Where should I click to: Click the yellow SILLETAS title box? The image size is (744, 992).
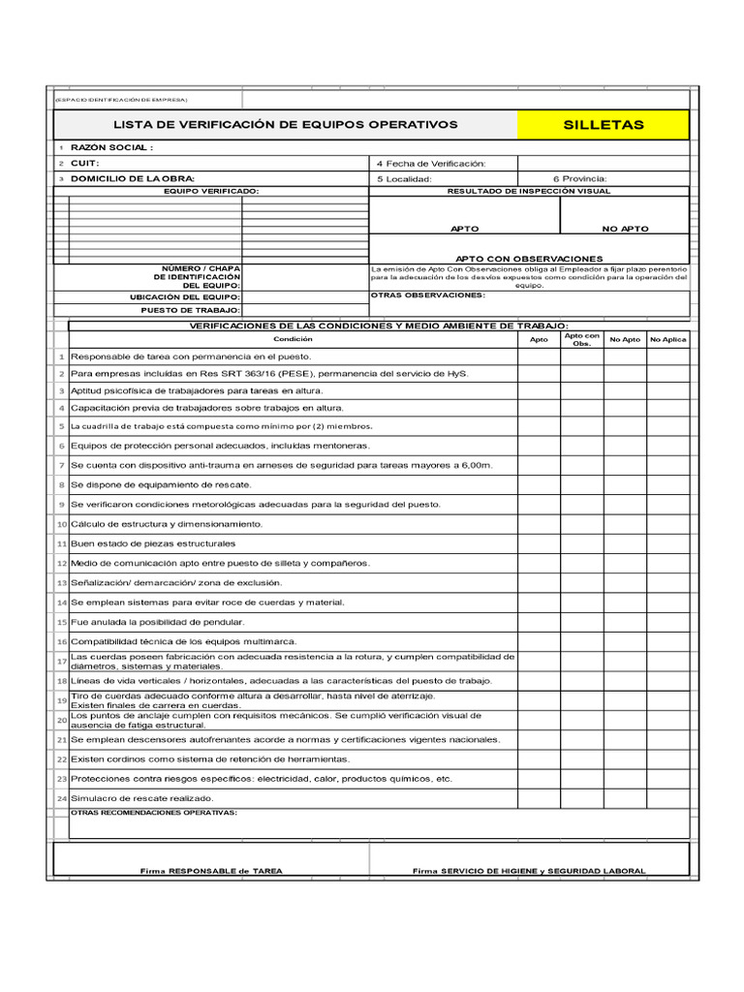point(604,125)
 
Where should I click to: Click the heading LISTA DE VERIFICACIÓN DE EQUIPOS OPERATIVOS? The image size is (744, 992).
point(286,125)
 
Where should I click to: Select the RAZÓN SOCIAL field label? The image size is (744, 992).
point(112,147)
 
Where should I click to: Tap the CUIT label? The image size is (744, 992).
point(86,164)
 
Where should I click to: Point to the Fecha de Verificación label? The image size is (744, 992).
point(430,164)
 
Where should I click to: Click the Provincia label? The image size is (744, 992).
point(579,178)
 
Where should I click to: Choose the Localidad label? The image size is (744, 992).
point(403,178)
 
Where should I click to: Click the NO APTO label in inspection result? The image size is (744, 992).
point(625,229)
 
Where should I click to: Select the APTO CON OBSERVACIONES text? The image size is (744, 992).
point(529,259)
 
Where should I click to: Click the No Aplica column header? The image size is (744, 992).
point(668,340)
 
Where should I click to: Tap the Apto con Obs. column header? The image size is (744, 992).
point(582,340)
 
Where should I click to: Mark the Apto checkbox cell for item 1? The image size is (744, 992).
point(539,356)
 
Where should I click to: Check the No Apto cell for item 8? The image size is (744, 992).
point(625,484)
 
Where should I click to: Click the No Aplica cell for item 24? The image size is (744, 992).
point(668,798)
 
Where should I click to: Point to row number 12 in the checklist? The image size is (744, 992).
point(61,563)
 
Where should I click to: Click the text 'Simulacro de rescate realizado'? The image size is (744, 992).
point(141,798)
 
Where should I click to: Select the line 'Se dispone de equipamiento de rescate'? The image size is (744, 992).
point(161,484)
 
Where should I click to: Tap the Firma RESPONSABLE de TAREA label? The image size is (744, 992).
point(211,871)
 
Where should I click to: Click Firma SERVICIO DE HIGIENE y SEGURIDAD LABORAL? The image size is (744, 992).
point(529,871)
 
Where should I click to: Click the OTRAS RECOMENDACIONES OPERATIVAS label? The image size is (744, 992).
point(155,813)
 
